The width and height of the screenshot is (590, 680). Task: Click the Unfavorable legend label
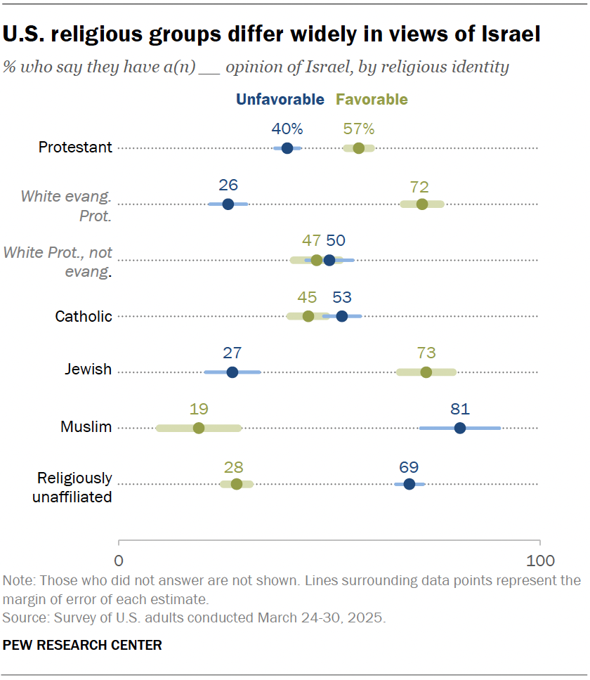pos(280,100)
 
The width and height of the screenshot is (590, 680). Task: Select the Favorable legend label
pos(372,100)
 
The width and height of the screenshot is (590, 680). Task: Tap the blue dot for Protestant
pos(287,148)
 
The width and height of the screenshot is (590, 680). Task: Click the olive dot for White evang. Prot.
pos(421,204)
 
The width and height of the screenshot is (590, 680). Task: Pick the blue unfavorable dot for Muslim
pos(459,428)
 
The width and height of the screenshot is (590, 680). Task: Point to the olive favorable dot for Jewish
pos(426,372)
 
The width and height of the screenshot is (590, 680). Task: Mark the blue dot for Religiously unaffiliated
pos(409,484)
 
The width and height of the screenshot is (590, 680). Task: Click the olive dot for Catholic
pos(308,316)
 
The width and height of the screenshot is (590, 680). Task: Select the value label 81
pos(459,409)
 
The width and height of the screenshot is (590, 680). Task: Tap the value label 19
pos(199,409)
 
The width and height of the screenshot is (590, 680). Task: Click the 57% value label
pos(358,129)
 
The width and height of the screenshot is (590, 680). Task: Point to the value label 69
pos(409,465)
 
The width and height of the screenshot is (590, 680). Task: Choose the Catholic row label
pos(84,316)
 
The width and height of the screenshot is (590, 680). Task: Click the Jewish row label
pos(88,370)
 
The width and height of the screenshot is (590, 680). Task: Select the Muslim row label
pos(86,426)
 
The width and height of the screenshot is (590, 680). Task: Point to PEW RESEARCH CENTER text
pos(82,645)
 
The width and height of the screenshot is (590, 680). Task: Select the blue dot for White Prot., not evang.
pos(329,261)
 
